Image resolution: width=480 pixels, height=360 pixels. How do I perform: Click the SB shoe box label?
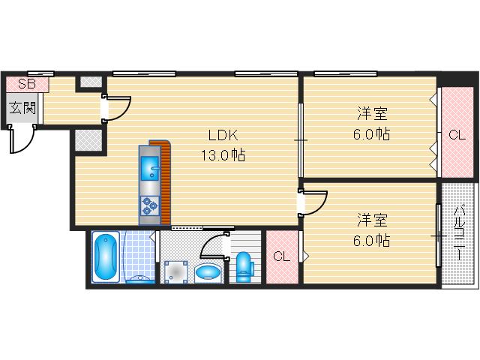point(27,83)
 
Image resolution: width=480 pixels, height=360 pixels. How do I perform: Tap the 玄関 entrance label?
point(22,108)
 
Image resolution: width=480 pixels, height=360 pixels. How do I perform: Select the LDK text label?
point(223,135)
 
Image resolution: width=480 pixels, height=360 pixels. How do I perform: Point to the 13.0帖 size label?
point(223,155)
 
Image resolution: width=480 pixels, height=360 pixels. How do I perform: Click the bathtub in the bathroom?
point(106,256)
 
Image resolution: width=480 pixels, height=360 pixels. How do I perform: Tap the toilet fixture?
point(244,266)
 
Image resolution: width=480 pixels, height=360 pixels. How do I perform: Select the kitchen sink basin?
point(150,168)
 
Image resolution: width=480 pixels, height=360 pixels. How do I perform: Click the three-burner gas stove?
point(150,205)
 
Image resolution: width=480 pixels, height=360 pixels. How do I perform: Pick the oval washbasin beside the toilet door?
point(208,272)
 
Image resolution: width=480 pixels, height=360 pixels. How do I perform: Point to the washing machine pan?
point(175,271)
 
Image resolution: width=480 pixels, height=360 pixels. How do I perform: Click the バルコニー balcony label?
point(459,233)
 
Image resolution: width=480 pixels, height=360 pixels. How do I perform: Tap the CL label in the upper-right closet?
point(457,135)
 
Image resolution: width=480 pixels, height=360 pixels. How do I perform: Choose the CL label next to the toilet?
point(281,256)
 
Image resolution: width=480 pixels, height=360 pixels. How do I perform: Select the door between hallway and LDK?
point(116,108)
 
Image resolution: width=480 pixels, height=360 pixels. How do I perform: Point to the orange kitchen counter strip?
point(163,182)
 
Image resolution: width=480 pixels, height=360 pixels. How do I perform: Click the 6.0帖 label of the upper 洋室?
point(372,134)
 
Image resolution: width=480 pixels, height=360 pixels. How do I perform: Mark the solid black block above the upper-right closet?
point(457,79)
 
